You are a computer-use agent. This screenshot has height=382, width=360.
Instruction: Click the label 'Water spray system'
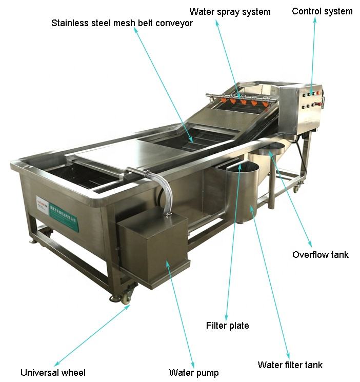click(230, 11)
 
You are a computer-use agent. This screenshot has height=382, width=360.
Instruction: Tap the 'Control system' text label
click(322, 11)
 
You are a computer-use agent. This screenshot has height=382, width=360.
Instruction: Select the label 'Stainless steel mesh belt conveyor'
click(122, 24)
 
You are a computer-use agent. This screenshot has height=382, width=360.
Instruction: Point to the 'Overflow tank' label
click(321, 254)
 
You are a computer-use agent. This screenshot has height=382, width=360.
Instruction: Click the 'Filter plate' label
click(227, 325)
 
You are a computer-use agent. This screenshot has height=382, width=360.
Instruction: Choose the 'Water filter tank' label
click(290, 365)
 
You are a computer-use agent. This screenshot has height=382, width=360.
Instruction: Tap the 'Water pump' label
click(194, 373)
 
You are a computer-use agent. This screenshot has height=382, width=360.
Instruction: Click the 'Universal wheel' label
click(53, 373)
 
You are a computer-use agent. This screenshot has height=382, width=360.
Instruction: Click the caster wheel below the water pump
click(125, 296)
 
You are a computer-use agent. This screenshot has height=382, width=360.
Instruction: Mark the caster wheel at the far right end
click(296, 188)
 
